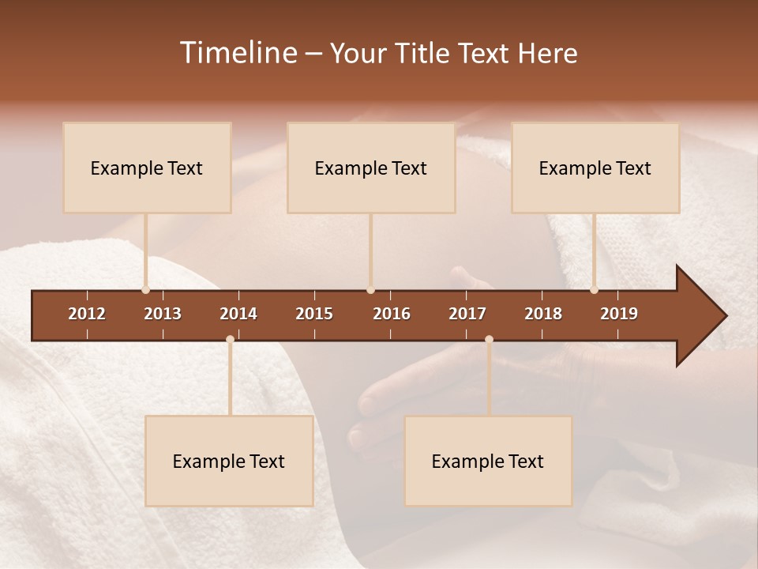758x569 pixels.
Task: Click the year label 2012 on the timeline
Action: pos(87,314)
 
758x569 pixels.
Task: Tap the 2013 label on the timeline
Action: pos(163,314)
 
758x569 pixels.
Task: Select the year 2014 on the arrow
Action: pos(238,314)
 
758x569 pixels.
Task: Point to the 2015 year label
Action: pos(314,314)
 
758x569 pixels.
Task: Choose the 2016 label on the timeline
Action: pos(392,314)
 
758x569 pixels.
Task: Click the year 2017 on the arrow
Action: pos(467,314)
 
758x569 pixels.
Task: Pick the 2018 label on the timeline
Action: pos(543,314)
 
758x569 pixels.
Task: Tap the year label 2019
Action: pos(619,314)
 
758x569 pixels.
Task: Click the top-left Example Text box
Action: pos(147,168)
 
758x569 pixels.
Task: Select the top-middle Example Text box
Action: pos(371,168)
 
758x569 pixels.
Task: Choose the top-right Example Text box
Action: pos(595,168)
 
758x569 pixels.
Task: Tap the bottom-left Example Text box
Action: pos(229,461)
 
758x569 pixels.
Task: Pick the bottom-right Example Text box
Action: pos(488,461)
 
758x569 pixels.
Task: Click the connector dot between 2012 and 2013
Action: pos(145,290)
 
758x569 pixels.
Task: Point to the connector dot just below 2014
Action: pos(230,339)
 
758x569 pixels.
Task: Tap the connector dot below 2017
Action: pos(489,339)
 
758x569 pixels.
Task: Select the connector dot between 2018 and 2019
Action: pos(594,290)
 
